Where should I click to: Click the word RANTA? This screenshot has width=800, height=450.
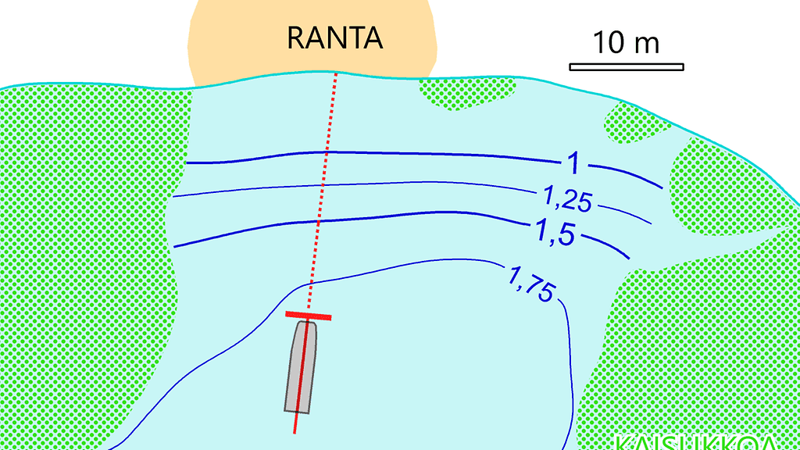click(335, 37)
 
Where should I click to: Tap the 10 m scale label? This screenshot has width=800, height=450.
click(626, 42)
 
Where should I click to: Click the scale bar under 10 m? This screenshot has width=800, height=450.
click(626, 66)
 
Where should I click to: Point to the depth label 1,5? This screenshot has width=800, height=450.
click(556, 232)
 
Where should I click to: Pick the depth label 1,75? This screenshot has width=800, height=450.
click(532, 284)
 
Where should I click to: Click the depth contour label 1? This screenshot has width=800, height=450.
click(573, 163)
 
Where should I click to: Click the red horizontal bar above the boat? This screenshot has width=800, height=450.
click(308, 316)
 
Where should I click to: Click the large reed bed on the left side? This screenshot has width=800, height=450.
click(86, 258)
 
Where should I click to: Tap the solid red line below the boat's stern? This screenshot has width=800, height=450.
click(295, 423)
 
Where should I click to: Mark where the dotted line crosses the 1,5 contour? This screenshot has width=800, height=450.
click(319, 221)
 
